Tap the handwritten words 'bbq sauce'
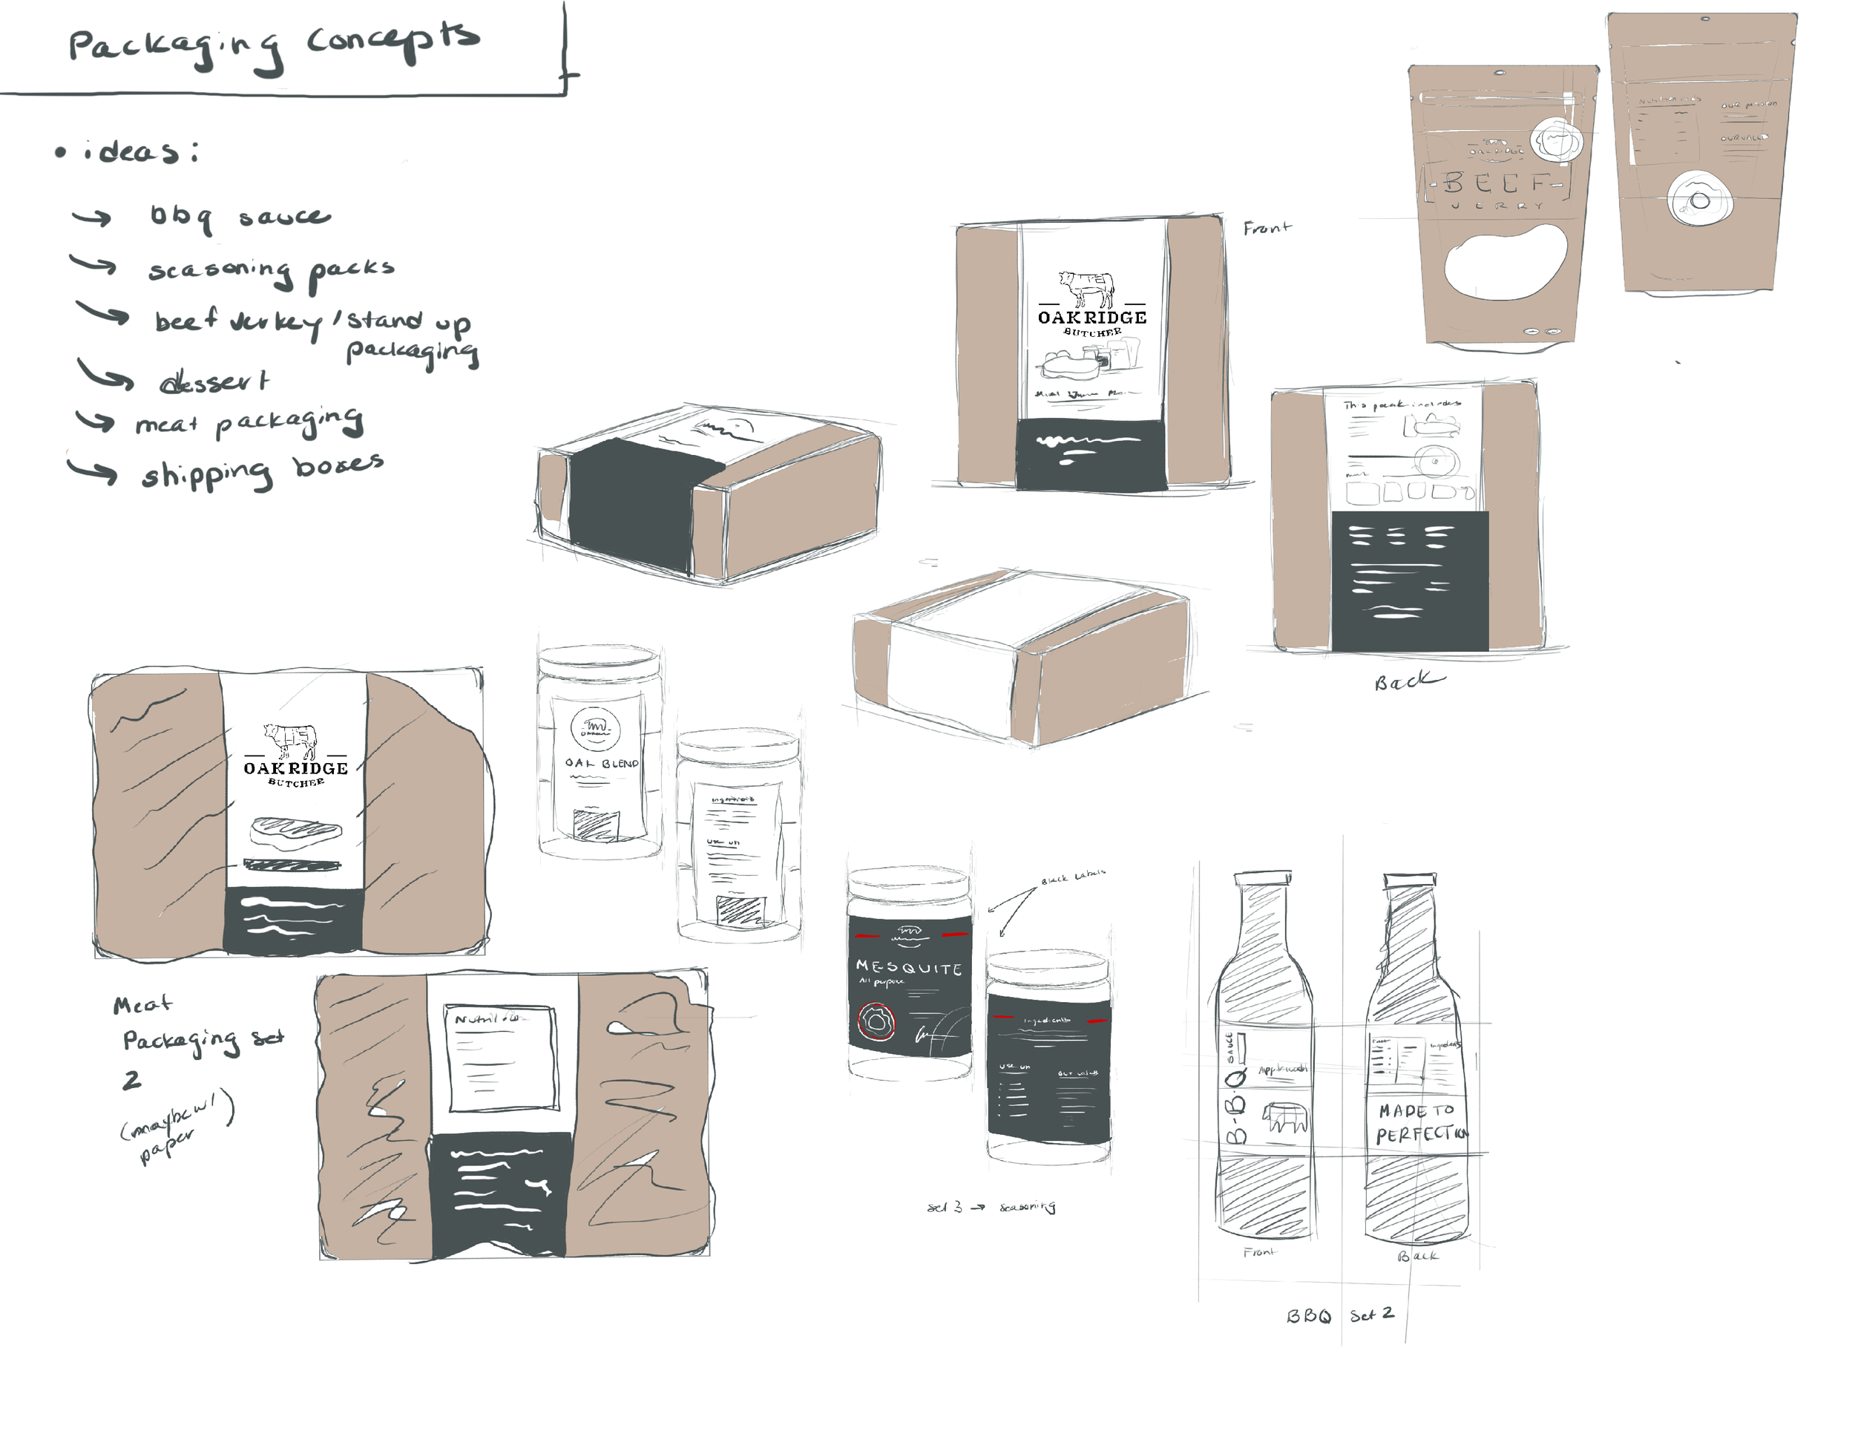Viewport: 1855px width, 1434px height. [x=240, y=217]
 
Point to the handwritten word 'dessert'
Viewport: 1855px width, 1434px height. [x=214, y=382]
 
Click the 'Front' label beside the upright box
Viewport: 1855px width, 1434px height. [x=1267, y=228]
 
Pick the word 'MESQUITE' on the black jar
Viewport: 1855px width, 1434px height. [x=908, y=968]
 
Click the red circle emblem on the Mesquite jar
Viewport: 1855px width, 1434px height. [x=876, y=1021]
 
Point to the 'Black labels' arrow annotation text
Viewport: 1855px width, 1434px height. [x=1074, y=877]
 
